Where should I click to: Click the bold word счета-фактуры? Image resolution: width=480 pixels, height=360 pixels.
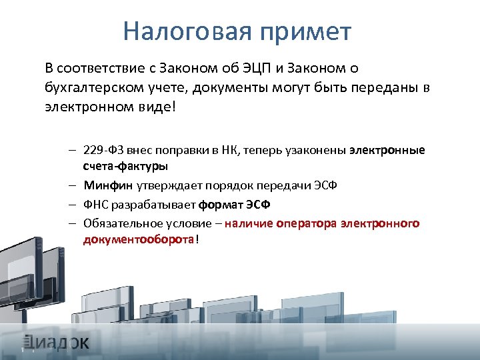[125, 166]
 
